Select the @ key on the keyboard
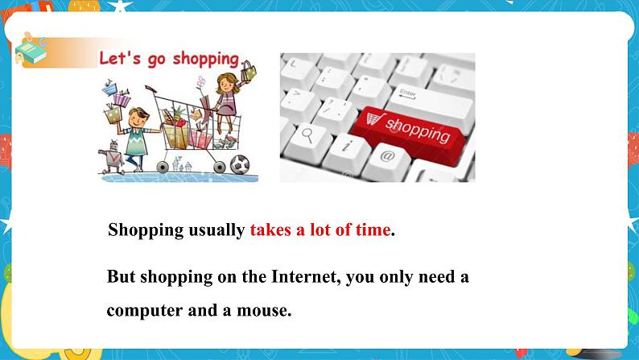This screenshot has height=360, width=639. [385, 156]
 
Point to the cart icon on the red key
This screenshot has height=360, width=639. [371, 120]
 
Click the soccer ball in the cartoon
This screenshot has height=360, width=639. [240, 164]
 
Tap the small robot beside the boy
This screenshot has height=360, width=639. [112, 158]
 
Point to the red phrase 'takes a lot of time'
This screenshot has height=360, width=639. [319, 230]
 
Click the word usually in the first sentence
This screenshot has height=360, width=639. [216, 230]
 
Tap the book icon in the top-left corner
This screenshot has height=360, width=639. [31, 50]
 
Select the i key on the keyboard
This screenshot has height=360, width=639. [346, 145]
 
